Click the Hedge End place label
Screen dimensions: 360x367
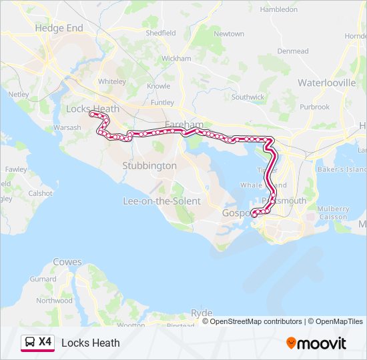59,28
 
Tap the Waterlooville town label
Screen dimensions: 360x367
326,83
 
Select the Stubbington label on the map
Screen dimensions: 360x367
149,165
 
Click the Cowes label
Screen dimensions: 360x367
67,262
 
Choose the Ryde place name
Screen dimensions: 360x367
202,313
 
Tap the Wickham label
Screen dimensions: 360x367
176,59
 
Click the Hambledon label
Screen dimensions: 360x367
278,10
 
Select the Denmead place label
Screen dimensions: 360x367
293,51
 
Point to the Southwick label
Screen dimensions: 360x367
248,97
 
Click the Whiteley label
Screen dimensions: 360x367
111,81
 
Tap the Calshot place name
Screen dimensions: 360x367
40,193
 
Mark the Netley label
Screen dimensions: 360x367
18,95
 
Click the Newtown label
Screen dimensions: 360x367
229,33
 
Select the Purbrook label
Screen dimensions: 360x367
314,107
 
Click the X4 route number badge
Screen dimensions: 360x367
45,343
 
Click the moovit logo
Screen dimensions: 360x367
316,343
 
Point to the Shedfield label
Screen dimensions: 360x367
160,33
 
